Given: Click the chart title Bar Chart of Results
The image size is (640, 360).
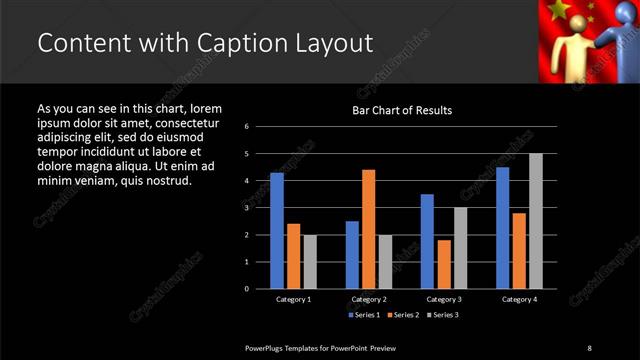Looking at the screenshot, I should click(x=402, y=110).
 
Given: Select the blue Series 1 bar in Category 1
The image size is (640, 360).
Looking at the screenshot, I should click(x=277, y=230).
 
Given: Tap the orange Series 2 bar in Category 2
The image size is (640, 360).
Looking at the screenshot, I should click(x=368, y=229).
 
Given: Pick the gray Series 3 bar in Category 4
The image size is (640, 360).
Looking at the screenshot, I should click(x=535, y=221).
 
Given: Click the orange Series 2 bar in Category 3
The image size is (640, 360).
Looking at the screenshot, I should click(x=443, y=264).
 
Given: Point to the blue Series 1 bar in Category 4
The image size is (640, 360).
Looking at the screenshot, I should click(x=502, y=227).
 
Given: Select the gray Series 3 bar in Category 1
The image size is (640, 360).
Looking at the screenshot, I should click(x=310, y=261).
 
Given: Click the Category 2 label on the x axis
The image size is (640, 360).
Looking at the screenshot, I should click(x=368, y=299).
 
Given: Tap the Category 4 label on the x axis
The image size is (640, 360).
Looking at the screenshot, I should click(x=518, y=299).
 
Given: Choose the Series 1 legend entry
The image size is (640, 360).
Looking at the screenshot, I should click(x=363, y=315).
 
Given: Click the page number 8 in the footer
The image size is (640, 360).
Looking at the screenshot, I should click(x=589, y=348).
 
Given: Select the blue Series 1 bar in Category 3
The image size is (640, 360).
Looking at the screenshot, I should click(x=427, y=241).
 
